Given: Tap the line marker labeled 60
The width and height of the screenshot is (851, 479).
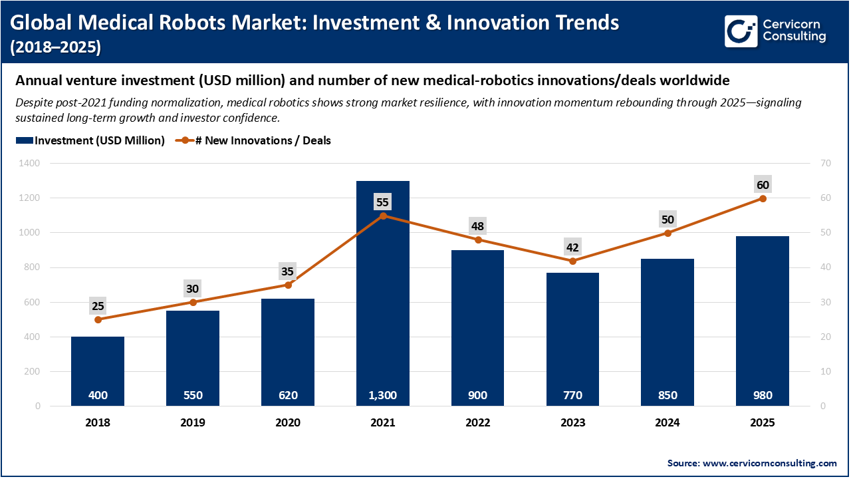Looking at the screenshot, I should coord(763,198).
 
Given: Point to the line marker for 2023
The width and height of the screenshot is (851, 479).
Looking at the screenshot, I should coord(572,261).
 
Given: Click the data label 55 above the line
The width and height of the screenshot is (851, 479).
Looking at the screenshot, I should coord(383,202).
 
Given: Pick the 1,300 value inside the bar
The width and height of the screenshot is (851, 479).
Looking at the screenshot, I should coord(383,395).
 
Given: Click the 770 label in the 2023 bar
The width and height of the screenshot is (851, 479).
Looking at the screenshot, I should coord(572,395).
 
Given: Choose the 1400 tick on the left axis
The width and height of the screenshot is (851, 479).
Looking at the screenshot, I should coord(30,163).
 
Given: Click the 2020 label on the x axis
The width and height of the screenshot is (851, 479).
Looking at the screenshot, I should coord(288,422).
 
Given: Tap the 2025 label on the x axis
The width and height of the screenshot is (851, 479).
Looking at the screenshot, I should coord(763,422).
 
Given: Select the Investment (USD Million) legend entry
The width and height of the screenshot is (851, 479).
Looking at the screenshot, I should coord(90,140).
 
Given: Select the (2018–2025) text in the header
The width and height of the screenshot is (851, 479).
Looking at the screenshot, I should coord(56,47).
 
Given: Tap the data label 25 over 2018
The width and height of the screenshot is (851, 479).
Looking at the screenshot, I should coord(98,306).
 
